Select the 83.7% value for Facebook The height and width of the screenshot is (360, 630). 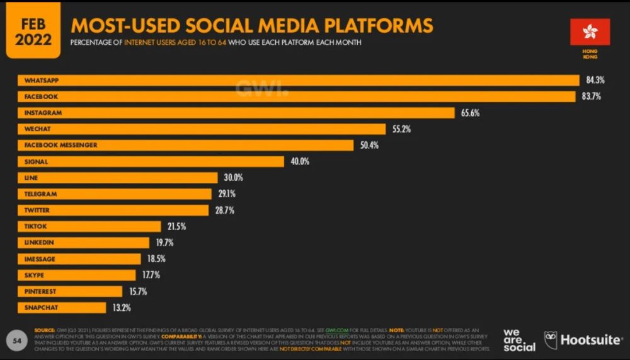(593, 96)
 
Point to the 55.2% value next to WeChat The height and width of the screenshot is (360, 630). (401, 129)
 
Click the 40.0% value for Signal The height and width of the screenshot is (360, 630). (300, 161)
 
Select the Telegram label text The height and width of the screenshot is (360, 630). (40, 194)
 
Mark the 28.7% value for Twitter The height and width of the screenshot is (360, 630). (224, 210)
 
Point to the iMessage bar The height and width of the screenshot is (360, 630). (79, 259)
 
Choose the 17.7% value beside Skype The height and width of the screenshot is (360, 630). (151, 276)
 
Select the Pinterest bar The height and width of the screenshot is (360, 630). (69, 291)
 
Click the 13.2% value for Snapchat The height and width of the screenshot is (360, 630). (122, 308)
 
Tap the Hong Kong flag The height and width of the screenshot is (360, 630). (590, 32)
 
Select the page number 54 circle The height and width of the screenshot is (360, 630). (17, 340)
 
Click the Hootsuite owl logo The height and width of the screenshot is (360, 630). (550, 339)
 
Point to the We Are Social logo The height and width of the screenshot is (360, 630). (519, 340)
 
